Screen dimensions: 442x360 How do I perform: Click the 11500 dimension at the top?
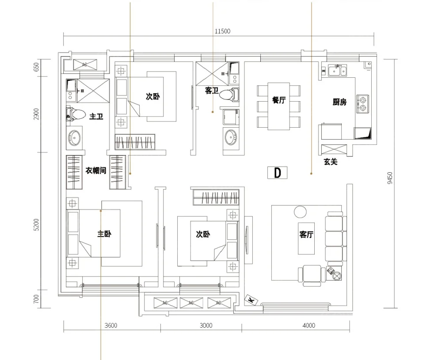222,31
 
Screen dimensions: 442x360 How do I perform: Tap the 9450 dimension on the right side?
390,178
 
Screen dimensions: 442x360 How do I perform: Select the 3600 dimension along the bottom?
111,326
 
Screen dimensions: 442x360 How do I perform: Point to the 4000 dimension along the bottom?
309,326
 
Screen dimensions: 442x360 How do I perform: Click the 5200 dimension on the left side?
36,224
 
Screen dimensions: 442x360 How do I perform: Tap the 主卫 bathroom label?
96,116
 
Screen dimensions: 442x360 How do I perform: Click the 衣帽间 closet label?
96,171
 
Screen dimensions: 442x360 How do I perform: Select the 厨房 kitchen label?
339,102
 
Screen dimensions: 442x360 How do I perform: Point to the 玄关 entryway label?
330,162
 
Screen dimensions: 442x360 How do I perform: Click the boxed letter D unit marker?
278,173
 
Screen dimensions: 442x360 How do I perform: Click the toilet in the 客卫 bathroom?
229,95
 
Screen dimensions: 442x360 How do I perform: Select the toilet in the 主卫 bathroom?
76,114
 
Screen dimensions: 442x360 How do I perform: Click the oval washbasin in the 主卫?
74,138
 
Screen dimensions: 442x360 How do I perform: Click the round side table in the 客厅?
300,212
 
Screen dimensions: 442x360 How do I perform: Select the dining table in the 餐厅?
278,106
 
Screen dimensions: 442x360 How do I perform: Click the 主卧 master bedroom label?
104,234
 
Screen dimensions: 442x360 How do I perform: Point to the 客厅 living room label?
306,234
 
